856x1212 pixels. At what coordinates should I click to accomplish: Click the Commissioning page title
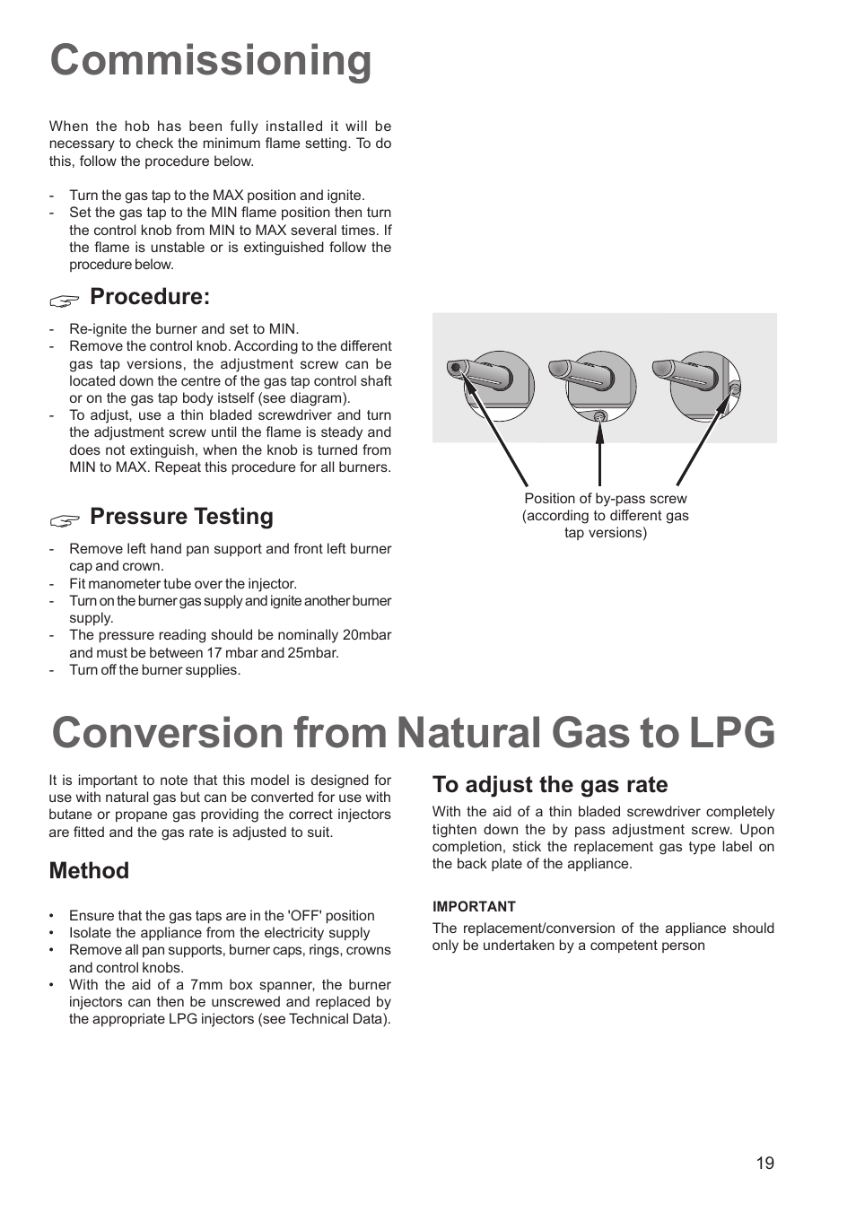click(x=211, y=61)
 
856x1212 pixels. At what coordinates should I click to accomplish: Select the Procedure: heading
click(x=150, y=297)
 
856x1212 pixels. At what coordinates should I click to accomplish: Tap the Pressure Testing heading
click(x=181, y=517)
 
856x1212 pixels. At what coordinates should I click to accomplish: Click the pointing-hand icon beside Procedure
click(x=65, y=300)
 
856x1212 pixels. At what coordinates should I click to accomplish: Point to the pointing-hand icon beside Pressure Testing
click(x=65, y=519)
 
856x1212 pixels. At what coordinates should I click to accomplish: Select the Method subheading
click(x=89, y=871)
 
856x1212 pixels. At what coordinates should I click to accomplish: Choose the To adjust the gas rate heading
click(x=549, y=785)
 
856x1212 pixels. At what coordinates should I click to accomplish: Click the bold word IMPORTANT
click(x=474, y=907)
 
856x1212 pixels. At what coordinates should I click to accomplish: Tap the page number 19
click(x=764, y=1164)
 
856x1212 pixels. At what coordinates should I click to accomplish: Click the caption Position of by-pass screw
click(x=605, y=499)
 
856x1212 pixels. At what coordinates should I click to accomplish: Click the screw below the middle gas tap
click(x=600, y=415)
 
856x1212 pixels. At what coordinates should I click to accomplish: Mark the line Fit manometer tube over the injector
click(x=182, y=584)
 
